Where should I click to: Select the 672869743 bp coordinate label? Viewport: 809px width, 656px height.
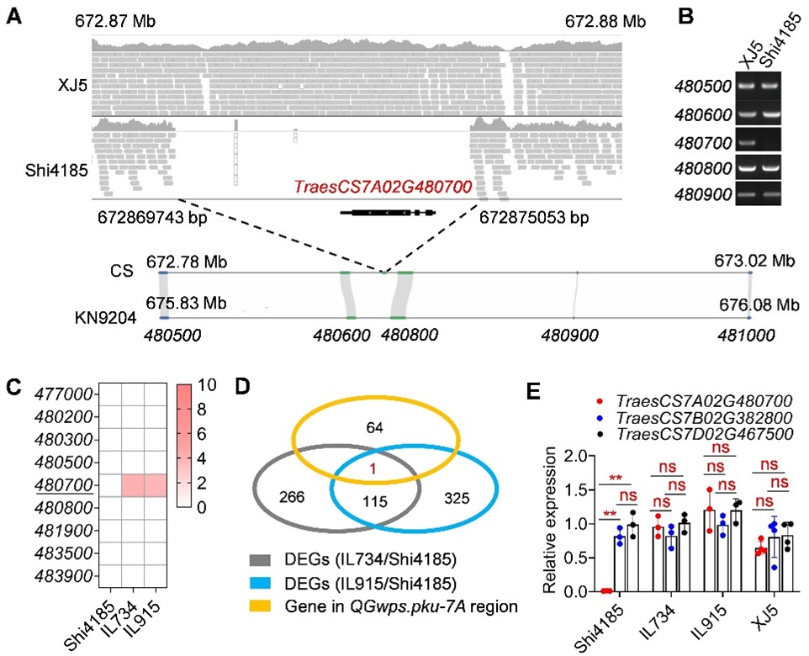click(x=151, y=218)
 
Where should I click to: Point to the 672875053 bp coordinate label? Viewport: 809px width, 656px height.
click(x=532, y=218)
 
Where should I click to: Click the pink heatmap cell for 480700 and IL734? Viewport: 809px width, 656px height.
click(x=133, y=484)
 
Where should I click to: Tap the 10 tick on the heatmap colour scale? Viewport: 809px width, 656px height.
click(x=206, y=384)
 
